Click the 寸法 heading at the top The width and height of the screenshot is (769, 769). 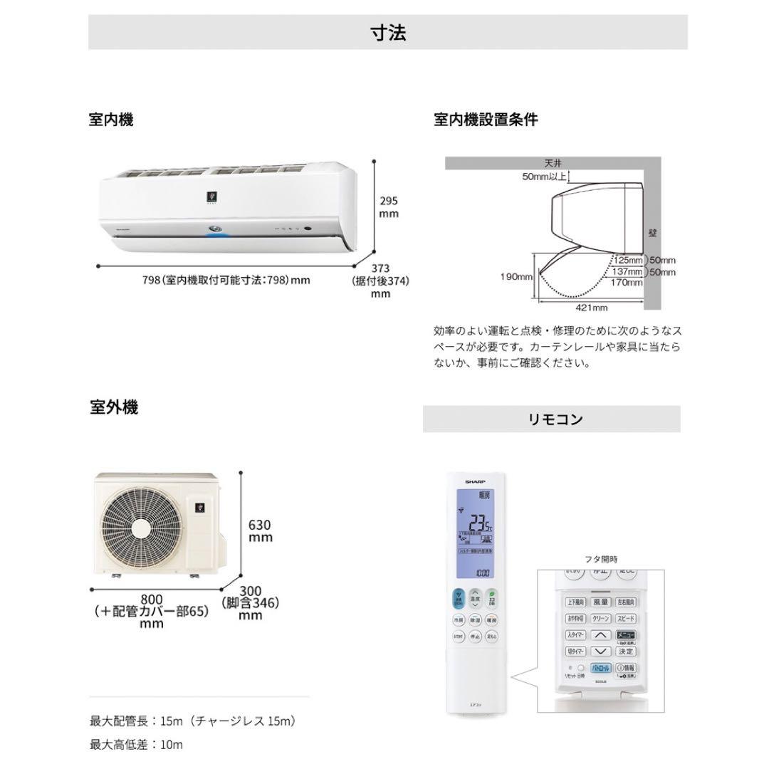coord(388,32)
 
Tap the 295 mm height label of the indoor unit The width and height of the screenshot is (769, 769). coord(388,207)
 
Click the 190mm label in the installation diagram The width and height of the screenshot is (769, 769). coord(517,276)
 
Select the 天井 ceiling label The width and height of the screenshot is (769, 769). coord(554,163)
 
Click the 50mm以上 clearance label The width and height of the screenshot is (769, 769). coord(545,176)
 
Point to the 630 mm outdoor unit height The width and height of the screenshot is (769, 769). coord(261,530)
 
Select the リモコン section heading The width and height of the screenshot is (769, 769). coord(551,419)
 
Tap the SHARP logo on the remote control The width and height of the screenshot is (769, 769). coord(475,482)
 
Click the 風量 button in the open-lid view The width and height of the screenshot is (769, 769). coord(602,602)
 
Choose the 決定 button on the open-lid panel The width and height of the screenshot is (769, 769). coord(626,651)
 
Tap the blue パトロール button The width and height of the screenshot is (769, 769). coord(601,669)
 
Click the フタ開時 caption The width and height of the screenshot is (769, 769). coord(602,559)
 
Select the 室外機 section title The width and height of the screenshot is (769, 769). coord(114,407)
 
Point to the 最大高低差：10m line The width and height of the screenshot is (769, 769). coord(136,745)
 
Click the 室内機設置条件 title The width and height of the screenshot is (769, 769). coord(486,120)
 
